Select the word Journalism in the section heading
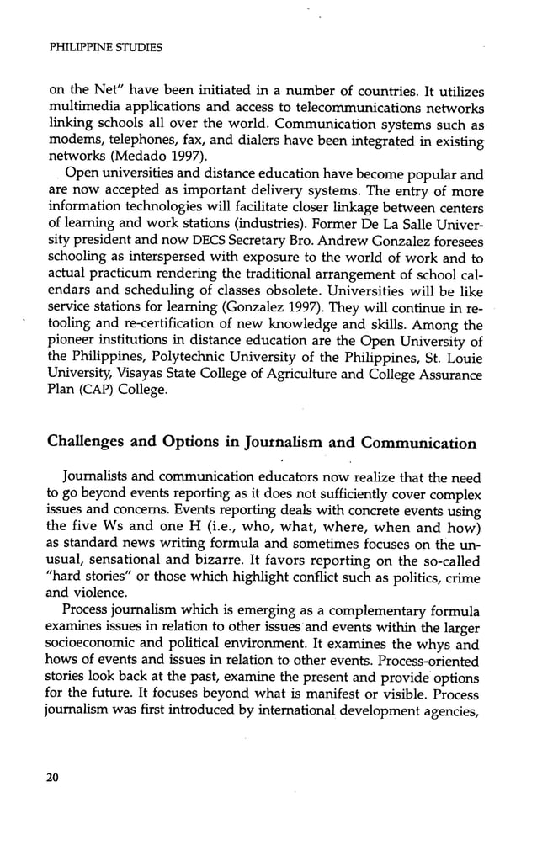286,443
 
